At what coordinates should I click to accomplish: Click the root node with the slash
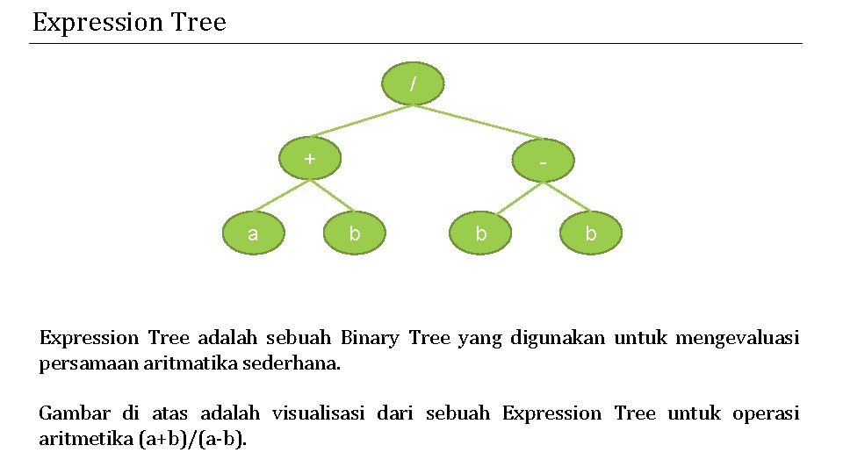pos(414,84)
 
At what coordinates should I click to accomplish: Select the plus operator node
pos(309,159)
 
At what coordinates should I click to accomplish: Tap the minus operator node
pos(544,162)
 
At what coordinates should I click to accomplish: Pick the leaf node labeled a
pos(253,233)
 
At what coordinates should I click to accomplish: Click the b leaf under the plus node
pos(354,233)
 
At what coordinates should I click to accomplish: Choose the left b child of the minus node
pos(480,233)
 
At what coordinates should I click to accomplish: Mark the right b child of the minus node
pos(590,233)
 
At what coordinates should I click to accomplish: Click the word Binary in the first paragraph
pos(370,338)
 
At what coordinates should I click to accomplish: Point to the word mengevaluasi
pos(737,338)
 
